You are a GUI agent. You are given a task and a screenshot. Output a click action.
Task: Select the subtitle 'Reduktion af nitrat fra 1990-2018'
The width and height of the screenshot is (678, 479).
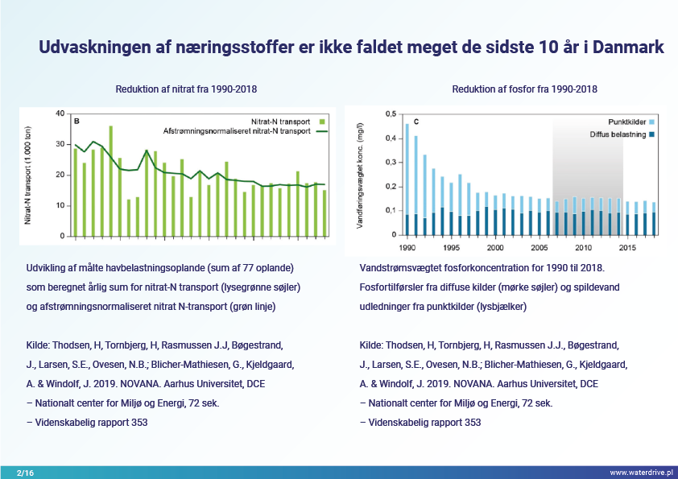(187, 89)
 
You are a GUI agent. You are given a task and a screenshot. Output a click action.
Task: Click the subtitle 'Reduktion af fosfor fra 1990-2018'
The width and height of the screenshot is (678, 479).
(524, 89)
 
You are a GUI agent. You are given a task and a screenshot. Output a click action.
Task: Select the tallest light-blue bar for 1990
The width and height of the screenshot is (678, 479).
(407, 169)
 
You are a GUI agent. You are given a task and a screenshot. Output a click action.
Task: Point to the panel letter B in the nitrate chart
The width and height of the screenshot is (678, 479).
(76, 121)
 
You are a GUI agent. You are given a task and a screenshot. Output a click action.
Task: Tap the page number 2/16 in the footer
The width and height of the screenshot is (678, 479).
(25, 473)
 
